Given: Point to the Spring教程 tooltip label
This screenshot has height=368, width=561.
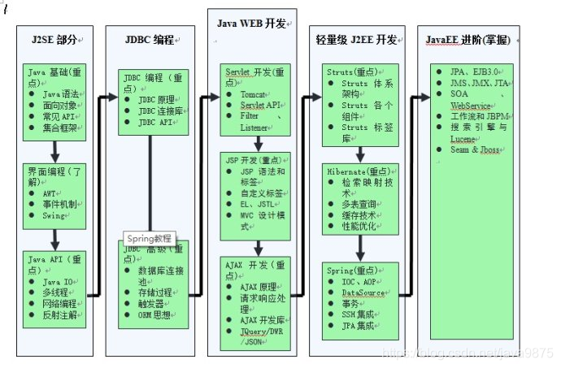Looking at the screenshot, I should tap(150, 239).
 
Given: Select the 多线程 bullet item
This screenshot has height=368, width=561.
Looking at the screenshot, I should tap(54, 292).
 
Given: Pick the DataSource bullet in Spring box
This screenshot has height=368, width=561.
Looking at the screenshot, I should tap(362, 292).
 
